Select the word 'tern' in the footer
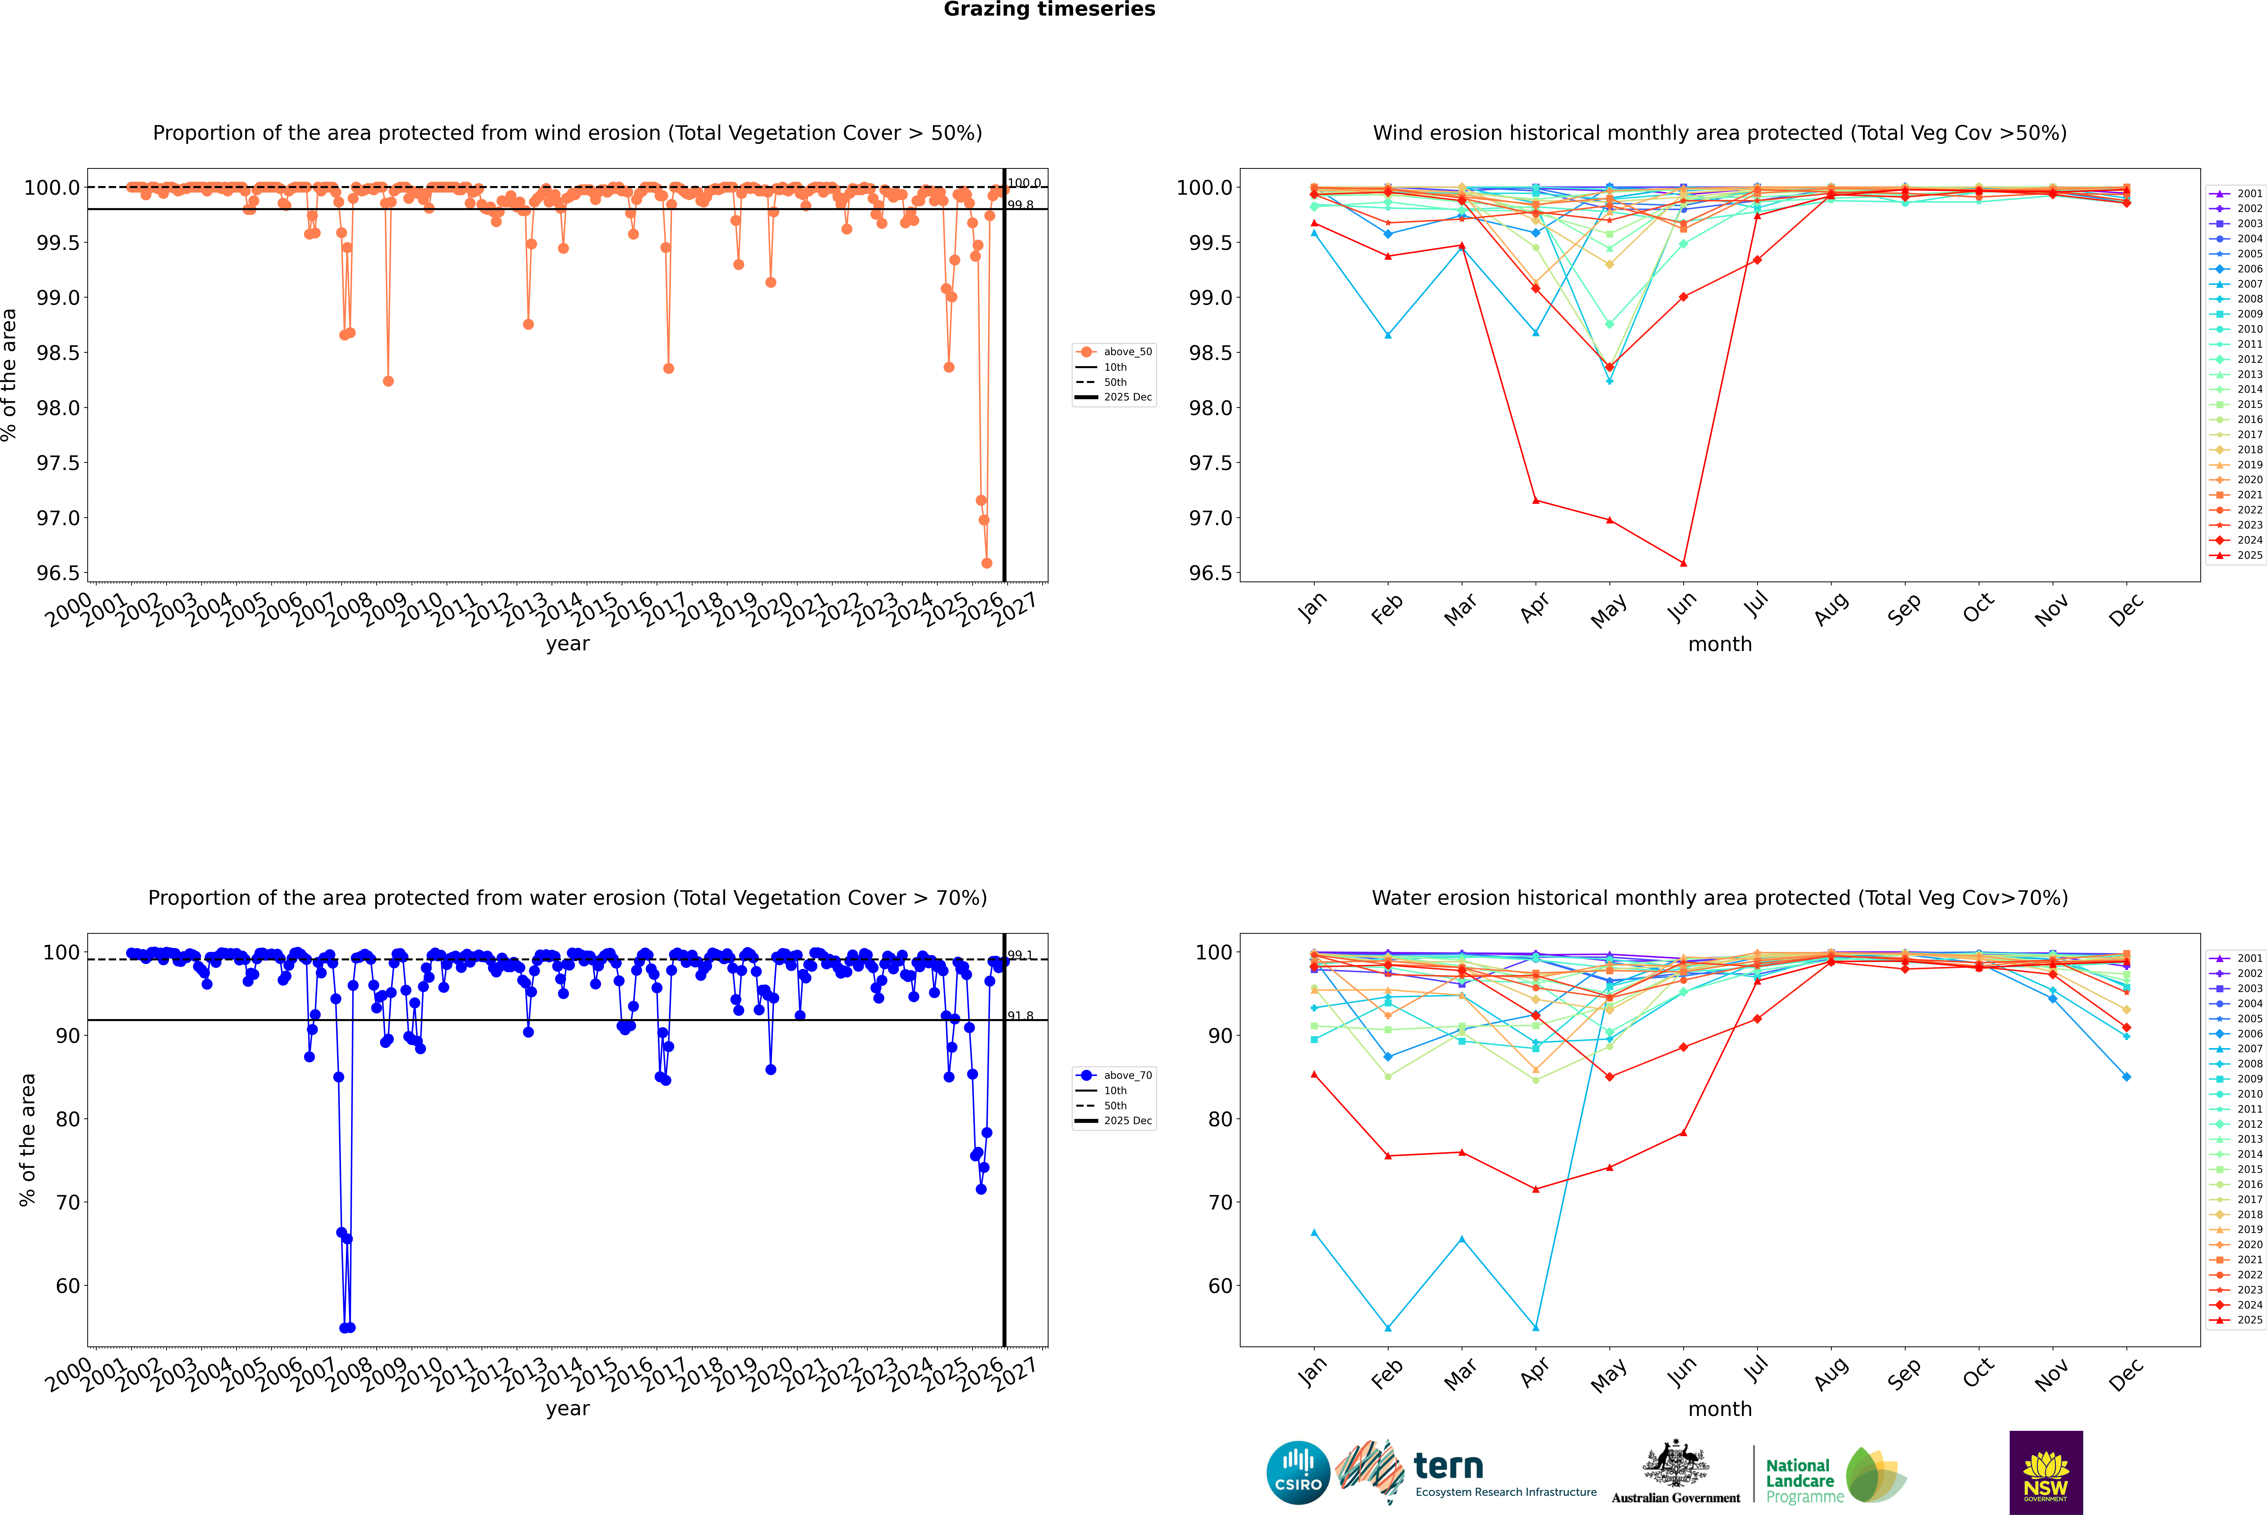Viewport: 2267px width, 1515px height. [x=1448, y=1466]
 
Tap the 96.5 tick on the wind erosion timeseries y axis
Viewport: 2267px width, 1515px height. [x=58, y=573]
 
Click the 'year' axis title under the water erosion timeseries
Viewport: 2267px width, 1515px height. [x=567, y=1409]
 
